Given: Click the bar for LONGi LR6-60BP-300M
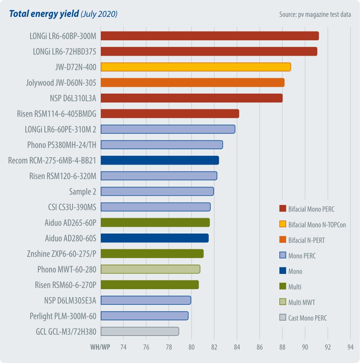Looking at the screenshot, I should (x=210, y=36).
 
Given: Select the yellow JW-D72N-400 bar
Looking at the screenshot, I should (x=196, y=67).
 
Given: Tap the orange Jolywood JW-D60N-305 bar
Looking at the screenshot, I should (x=192, y=83).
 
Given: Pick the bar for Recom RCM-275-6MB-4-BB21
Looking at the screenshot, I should (x=160, y=160).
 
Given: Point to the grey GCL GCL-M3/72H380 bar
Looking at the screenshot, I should (x=139, y=332).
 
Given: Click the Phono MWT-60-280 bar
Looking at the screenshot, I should (x=150, y=269).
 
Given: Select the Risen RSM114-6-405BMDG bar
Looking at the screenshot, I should (x=170, y=114).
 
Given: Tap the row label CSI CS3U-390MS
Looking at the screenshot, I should (x=73, y=207).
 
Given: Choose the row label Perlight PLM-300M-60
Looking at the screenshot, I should (x=63, y=316).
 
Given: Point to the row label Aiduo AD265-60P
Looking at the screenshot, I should (x=71, y=223).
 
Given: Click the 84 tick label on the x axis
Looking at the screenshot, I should (x=237, y=347).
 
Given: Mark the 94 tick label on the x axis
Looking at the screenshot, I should (x=350, y=347).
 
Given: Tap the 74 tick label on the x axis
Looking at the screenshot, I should (x=123, y=347).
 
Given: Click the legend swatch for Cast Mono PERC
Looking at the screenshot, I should (x=283, y=318).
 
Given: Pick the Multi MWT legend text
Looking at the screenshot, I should (x=301, y=302).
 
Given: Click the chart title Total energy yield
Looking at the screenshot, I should (x=44, y=14).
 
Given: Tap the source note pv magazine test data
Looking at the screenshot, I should (x=315, y=15).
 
